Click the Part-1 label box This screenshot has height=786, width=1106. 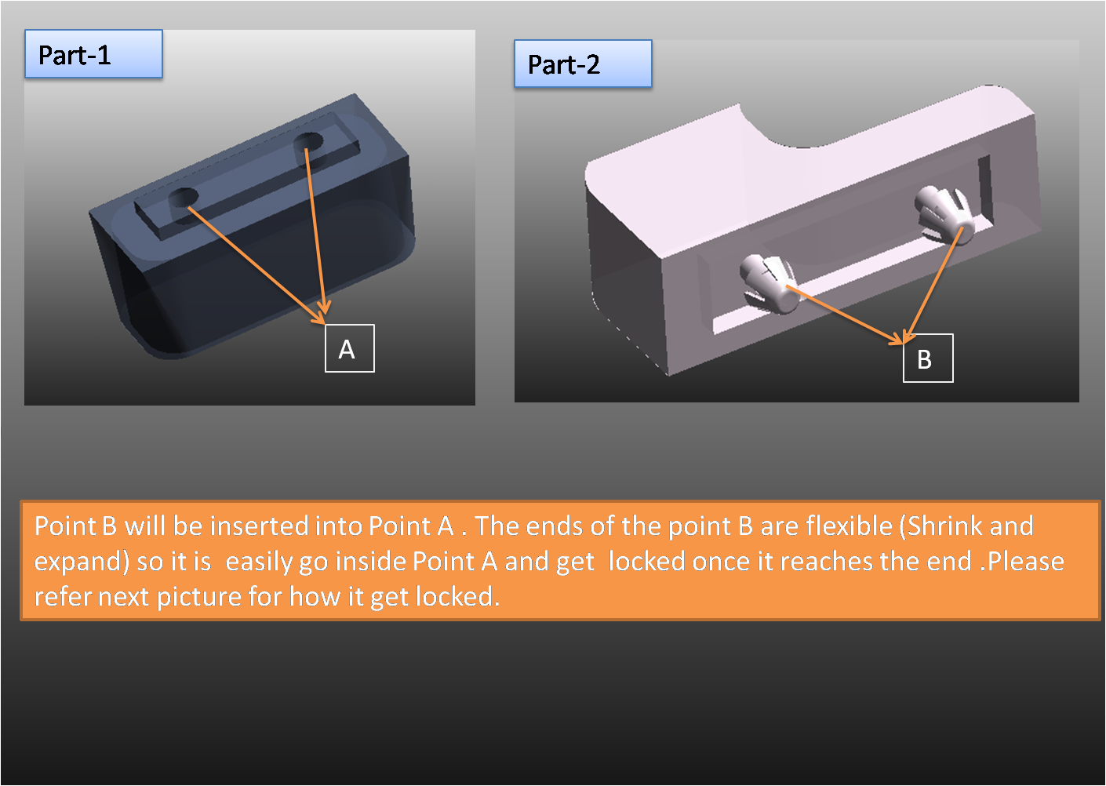point(94,54)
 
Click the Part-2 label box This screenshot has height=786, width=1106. point(583,64)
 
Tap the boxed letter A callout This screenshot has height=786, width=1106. point(350,348)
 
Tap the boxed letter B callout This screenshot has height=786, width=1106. point(928,358)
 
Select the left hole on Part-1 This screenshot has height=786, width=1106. point(184,198)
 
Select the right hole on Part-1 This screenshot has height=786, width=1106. point(308,144)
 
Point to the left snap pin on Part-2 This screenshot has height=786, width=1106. point(769,284)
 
